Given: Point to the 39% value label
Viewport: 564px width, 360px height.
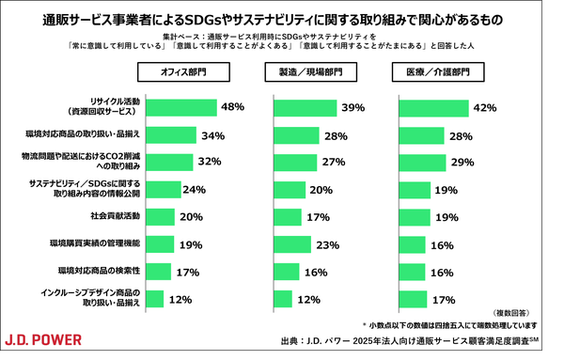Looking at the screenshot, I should coord(352,108).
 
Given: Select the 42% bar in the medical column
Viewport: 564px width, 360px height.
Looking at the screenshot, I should coord(433,107).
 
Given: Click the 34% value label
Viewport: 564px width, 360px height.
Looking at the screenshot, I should coord(212,135).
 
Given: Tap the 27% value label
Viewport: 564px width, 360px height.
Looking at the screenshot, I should coord(335,162).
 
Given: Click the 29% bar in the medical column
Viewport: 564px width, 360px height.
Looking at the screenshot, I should coord(423,162).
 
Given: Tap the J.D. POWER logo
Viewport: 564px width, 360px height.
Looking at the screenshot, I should coord(43,339).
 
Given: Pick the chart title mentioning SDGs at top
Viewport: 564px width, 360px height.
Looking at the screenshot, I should coord(281,18).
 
